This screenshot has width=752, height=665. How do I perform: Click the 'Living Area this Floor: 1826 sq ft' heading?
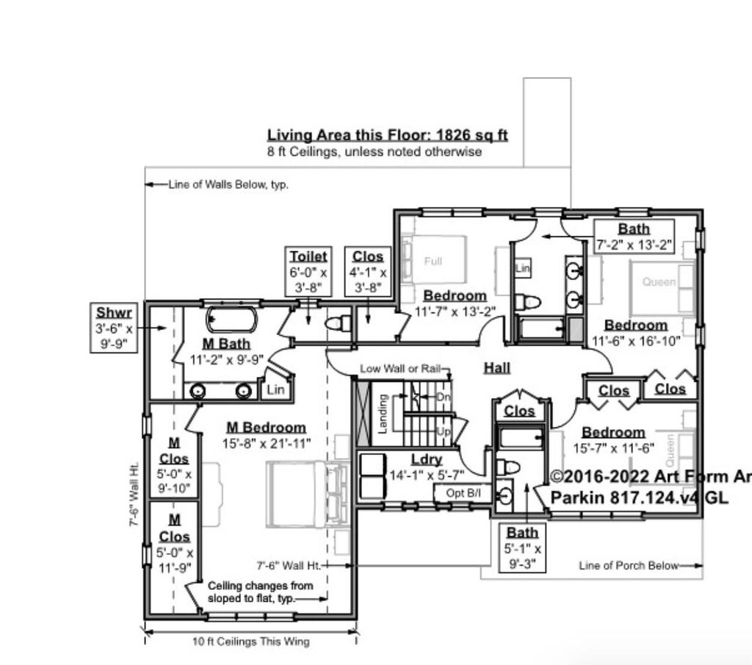(387, 135)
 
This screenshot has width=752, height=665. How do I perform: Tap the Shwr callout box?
(113, 328)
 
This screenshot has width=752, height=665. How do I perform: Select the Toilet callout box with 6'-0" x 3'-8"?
(308, 271)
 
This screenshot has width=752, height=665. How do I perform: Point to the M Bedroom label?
(266, 427)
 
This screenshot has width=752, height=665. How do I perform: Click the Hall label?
(497, 368)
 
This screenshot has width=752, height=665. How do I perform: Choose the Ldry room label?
(426, 459)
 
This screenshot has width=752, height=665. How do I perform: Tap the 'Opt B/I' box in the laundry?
(463, 492)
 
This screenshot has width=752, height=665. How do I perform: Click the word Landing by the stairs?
(383, 414)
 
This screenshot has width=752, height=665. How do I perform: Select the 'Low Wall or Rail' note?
(399, 368)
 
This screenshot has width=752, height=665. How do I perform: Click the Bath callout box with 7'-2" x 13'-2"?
(633, 237)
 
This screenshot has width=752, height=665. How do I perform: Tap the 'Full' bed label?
(433, 261)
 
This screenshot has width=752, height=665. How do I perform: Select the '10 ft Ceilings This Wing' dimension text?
(251, 641)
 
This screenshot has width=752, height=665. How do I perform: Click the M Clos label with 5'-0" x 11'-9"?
(174, 544)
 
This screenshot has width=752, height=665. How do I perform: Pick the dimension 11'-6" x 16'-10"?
(636, 341)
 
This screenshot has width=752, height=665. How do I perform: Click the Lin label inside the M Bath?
(276, 389)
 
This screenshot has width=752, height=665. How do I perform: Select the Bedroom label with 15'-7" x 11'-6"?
(613, 432)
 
